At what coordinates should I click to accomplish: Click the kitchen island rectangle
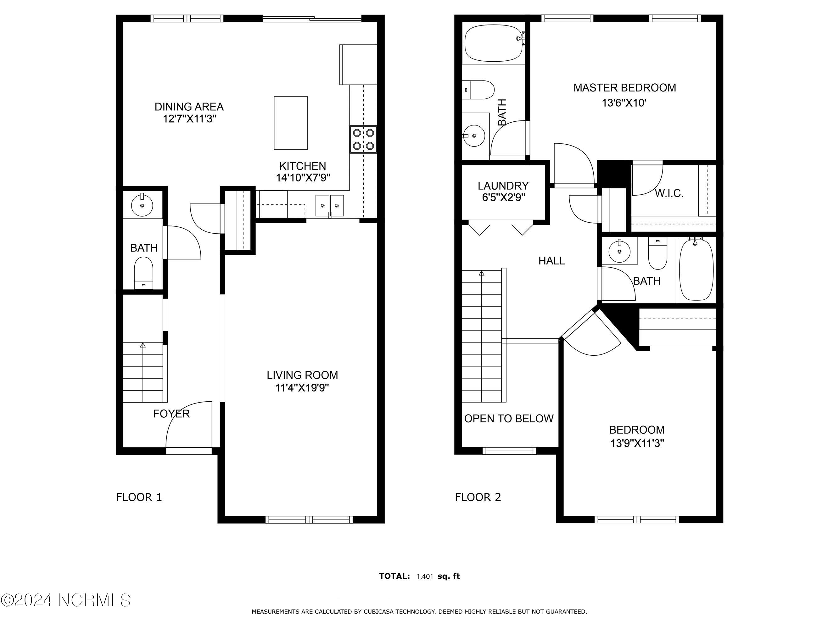[291, 123]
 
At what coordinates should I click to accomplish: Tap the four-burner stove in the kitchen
[363, 139]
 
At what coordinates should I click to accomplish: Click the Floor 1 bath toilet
[143, 272]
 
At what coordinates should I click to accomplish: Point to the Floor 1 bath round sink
[142, 205]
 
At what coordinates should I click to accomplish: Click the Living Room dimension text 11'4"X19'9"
[302, 388]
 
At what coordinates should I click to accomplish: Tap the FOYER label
[171, 414]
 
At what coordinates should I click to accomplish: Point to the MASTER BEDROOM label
[624, 87]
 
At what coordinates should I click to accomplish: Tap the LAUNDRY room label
[503, 186]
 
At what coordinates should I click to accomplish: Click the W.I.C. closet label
[669, 193]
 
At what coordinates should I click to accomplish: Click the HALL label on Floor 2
[551, 260]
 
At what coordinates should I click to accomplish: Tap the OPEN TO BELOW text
[509, 419]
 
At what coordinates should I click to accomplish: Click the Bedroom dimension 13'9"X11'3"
[637, 443]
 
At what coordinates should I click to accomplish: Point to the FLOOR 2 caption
[478, 497]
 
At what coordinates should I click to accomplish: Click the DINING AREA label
[189, 107]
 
